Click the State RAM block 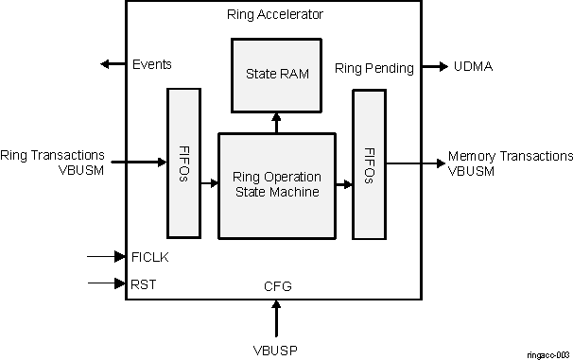pos(275,73)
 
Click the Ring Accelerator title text pos(275,14)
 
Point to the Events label pos(151,64)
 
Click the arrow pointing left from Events pos(113,64)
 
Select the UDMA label pos(472,67)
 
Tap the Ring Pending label pos(374,67)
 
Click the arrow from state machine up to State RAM pos(275,122)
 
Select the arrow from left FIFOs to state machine pos(207,184)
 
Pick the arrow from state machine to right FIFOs pos(342,184)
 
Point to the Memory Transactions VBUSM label pos(510,163)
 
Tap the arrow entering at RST pos(105,283)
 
